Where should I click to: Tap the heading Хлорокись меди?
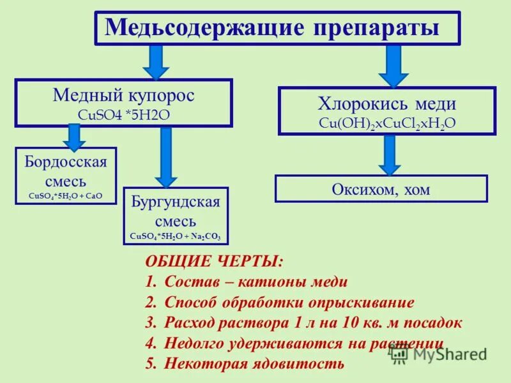(387, 104)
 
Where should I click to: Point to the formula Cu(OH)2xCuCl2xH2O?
(387, 123)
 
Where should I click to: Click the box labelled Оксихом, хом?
(381, 189)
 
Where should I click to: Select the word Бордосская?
(66, 160)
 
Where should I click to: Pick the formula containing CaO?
(66, 196)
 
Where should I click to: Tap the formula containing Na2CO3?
(176, 236)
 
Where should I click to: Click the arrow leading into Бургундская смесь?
(166, 157)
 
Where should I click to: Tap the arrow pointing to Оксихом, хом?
(389, 154)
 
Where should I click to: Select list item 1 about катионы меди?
(247, 282)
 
